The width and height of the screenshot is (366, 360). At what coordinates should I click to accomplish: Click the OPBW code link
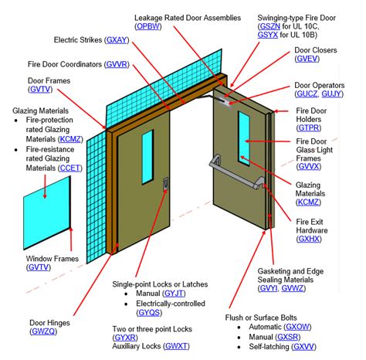click(x=149, y=27)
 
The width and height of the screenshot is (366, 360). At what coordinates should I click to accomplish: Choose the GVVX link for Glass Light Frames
click(x=310, y=165)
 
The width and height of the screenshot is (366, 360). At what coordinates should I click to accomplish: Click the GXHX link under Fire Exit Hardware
click(x=310, y=240)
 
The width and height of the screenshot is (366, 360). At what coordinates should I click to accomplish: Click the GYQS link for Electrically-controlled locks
click(x=149, y=314)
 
